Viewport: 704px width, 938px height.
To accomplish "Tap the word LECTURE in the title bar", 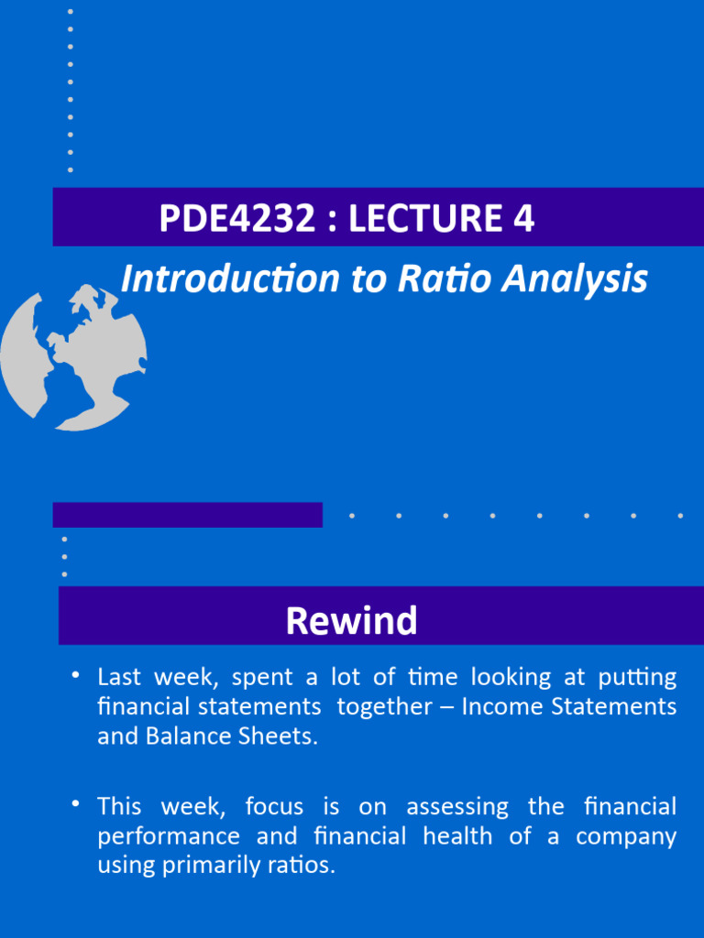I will pos(418,219).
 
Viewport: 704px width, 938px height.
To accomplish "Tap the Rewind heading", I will pos(351,621).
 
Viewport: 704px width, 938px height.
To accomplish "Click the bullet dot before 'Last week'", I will pos(77,676).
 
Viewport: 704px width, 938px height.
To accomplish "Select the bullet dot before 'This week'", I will pos(77,804).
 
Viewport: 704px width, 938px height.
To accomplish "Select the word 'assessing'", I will pos(457,808).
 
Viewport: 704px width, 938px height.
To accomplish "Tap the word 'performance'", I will pos(169,837).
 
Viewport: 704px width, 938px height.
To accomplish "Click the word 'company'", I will pos(626,837).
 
